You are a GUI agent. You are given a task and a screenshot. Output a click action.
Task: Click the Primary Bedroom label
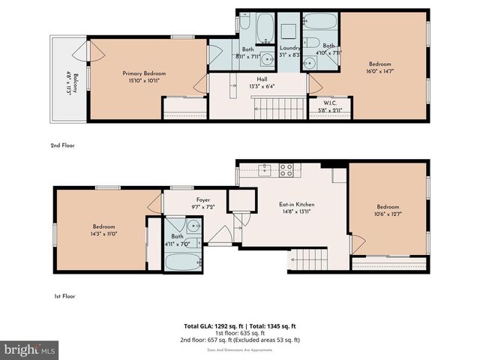click(x=144, y=73)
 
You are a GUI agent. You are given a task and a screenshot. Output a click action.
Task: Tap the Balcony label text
click(x=65, y=79)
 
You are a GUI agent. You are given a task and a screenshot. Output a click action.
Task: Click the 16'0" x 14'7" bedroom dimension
click(x=380, y=71)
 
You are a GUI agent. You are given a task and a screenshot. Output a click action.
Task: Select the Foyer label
click(x=203, y=199)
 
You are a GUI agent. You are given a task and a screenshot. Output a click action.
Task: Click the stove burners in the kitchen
click(x=286, y=170)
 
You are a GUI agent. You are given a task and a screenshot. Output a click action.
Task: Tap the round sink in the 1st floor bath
click(x=193, y=225)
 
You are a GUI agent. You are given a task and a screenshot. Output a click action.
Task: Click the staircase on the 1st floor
click(x=309, y=259)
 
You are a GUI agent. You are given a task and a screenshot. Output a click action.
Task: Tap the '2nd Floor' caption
click(x=64, y=145)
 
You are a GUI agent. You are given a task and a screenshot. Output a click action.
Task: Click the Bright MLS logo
click(x=30, y=350)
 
